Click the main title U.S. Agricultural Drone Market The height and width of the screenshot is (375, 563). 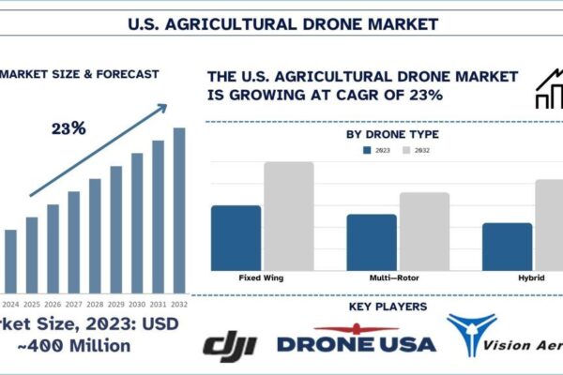[x=281, y=20]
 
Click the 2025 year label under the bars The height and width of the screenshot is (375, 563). [x=31, y=304]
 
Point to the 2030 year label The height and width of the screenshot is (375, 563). [x=138, y=304]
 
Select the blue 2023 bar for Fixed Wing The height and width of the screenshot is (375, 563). [x=236, y=236]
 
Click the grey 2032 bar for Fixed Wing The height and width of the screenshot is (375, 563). [x=288, y=216]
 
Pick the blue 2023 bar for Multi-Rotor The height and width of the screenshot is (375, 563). [x=372, y=241]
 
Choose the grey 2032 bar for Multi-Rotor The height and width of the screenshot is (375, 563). [x=423, y=231]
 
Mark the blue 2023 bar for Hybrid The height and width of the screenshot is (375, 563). [x=507, y=245]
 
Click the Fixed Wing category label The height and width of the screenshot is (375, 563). [x=262, y=277]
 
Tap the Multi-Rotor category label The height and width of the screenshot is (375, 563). [x=397, y=277]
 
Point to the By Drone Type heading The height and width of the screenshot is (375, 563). [x=392, y=134]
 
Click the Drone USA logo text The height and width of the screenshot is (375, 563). [x=356, y=343]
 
